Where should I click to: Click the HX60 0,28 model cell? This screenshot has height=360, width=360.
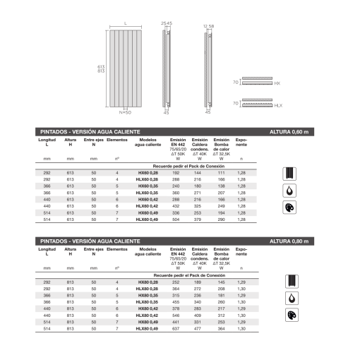pyautogui.click(x=148, y=172)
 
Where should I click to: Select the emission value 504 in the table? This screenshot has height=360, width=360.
pyautogui.click(x=177, y=220)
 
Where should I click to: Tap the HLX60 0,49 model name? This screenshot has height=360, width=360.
pyautogui.click(x=148, y=220)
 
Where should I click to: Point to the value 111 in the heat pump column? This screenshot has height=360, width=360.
pyautogui.click(x=221, y=172)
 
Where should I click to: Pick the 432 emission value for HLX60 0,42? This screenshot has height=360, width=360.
pyautogui.click(x=177, y=205)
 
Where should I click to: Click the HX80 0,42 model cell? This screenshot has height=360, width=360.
pyautogui.click(x=148, y=308)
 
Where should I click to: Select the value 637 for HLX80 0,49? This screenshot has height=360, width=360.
pyautogui.click(x=177, y=328)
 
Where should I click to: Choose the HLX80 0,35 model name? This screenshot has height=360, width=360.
pyautogui.click(x=148, y=302)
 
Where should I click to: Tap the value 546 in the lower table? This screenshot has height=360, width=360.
pyautogui.click(x=177, y=315)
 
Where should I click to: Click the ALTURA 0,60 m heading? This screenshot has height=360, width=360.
pyautogui.click(x=289, y=132)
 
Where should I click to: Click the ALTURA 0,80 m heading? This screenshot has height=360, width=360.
pyautogui.click(x=289, y=241)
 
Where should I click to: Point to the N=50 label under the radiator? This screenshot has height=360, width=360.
pyautogui.click(x=125, y=112)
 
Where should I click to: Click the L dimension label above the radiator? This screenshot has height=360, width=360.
pyautogui.click(x=125, y=23)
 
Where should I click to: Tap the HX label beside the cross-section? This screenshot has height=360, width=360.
pyautogui.click(x=277, y=83)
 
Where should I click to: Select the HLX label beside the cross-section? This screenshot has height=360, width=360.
pyautogui.click(x=277, y=104)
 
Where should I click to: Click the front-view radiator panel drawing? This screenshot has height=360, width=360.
pyautogui.click(x=125, y=68)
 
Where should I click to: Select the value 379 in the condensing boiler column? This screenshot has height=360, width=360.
pyautogui.click(x=199, y=220)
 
